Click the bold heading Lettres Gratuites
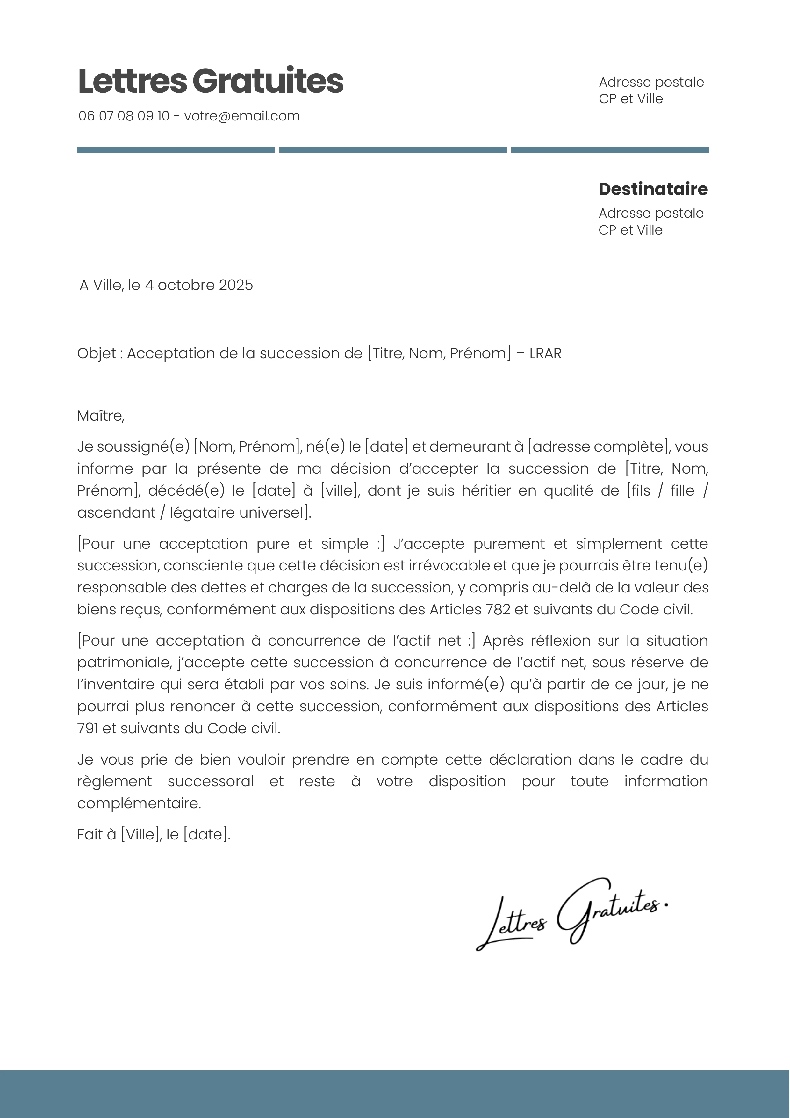point(210,81)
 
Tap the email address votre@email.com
point(242,116)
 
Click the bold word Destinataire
point(653,189)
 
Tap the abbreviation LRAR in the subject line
point(545,353)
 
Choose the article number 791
point(88,729)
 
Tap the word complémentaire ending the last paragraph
point(139,803)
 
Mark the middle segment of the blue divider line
point(393,150)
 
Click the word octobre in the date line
point(186,285)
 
